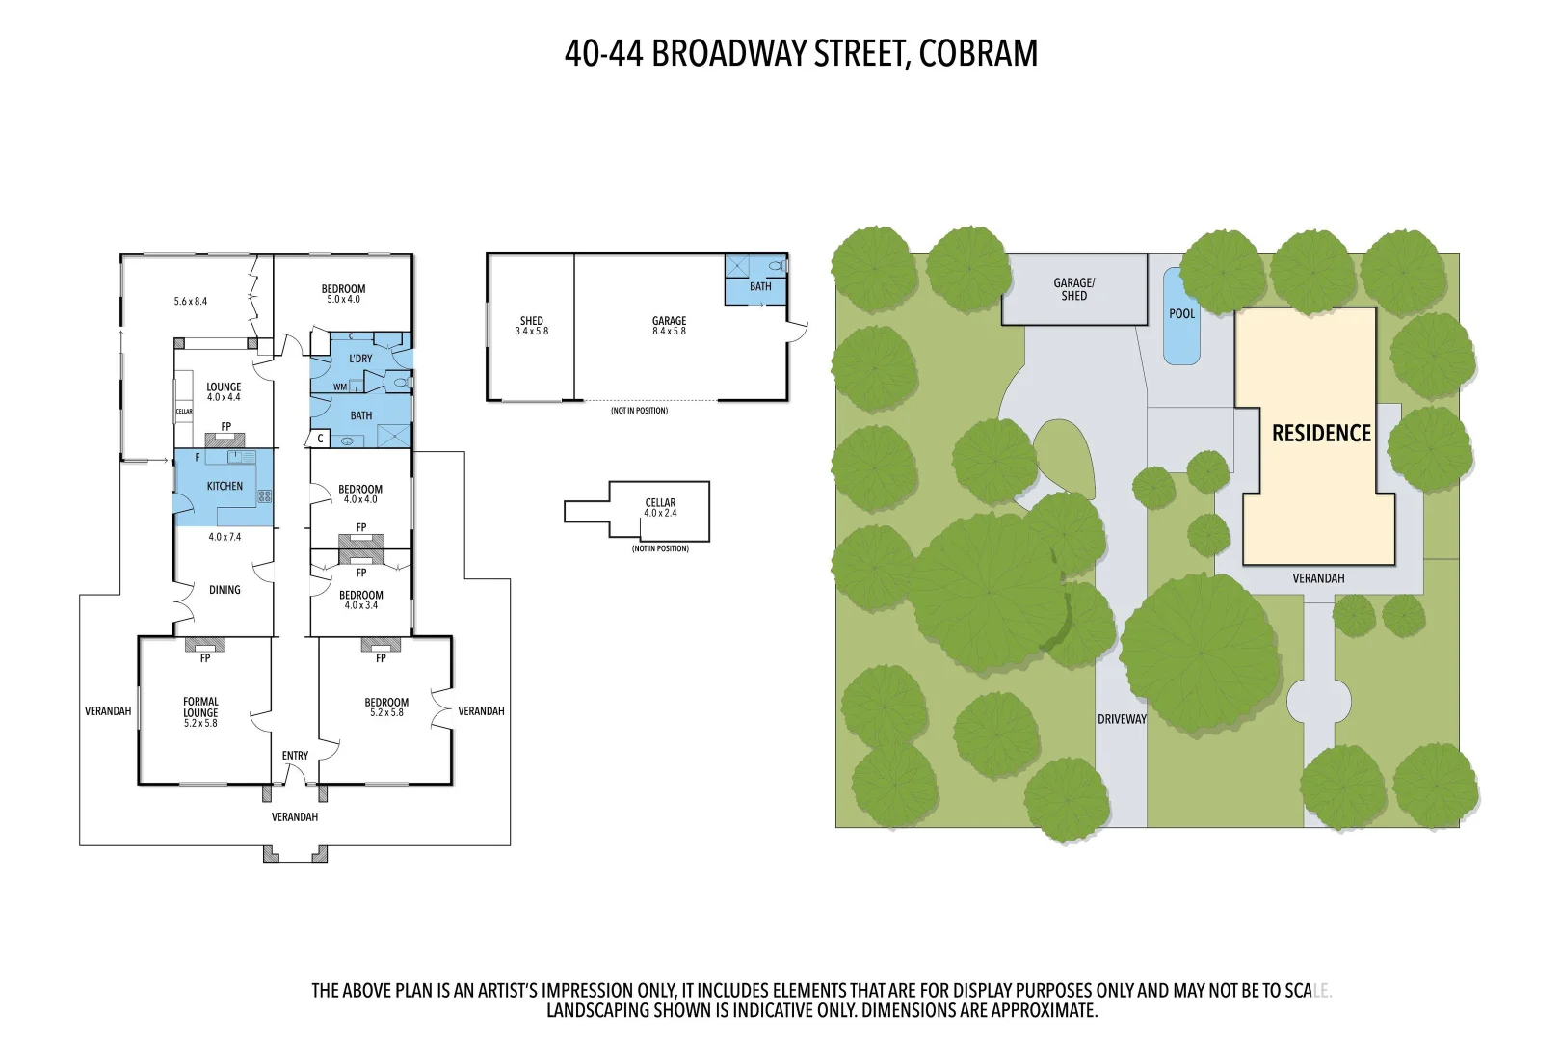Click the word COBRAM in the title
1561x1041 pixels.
click(x=978, y=54)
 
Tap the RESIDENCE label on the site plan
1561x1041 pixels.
click(x=1321, y=434)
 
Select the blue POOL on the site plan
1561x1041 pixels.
click(x=1181, y=316)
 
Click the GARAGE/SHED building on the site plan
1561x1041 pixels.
click(x=1073, y=289)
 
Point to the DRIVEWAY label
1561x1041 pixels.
click(x=1122, y=719)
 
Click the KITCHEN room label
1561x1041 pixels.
click(x=225, y=486)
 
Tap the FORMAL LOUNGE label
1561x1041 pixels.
click(x=200, y=712)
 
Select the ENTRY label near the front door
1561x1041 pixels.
click(x=295, y=756)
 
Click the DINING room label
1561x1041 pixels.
click(x=225, y=590)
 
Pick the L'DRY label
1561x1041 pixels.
click(x=360, y=359)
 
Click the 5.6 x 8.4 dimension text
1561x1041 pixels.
click(x=191, y=302)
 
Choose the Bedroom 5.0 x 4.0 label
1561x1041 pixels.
click(x=343, y=294)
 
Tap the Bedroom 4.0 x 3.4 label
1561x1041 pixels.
click(x=360, y=600)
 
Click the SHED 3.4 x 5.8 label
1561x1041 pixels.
click(x=531, y=326)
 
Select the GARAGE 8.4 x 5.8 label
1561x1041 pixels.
click(x=669, y=326)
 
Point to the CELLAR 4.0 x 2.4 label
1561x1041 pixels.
click(x=660, y=508)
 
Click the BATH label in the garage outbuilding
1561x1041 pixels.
click(x=760, y=286)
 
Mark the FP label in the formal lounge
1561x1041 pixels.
click(x=205, y=658)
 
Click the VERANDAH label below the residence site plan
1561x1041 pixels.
click(x=1317, y=578)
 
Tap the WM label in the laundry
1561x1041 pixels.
click(x=339, y=387)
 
